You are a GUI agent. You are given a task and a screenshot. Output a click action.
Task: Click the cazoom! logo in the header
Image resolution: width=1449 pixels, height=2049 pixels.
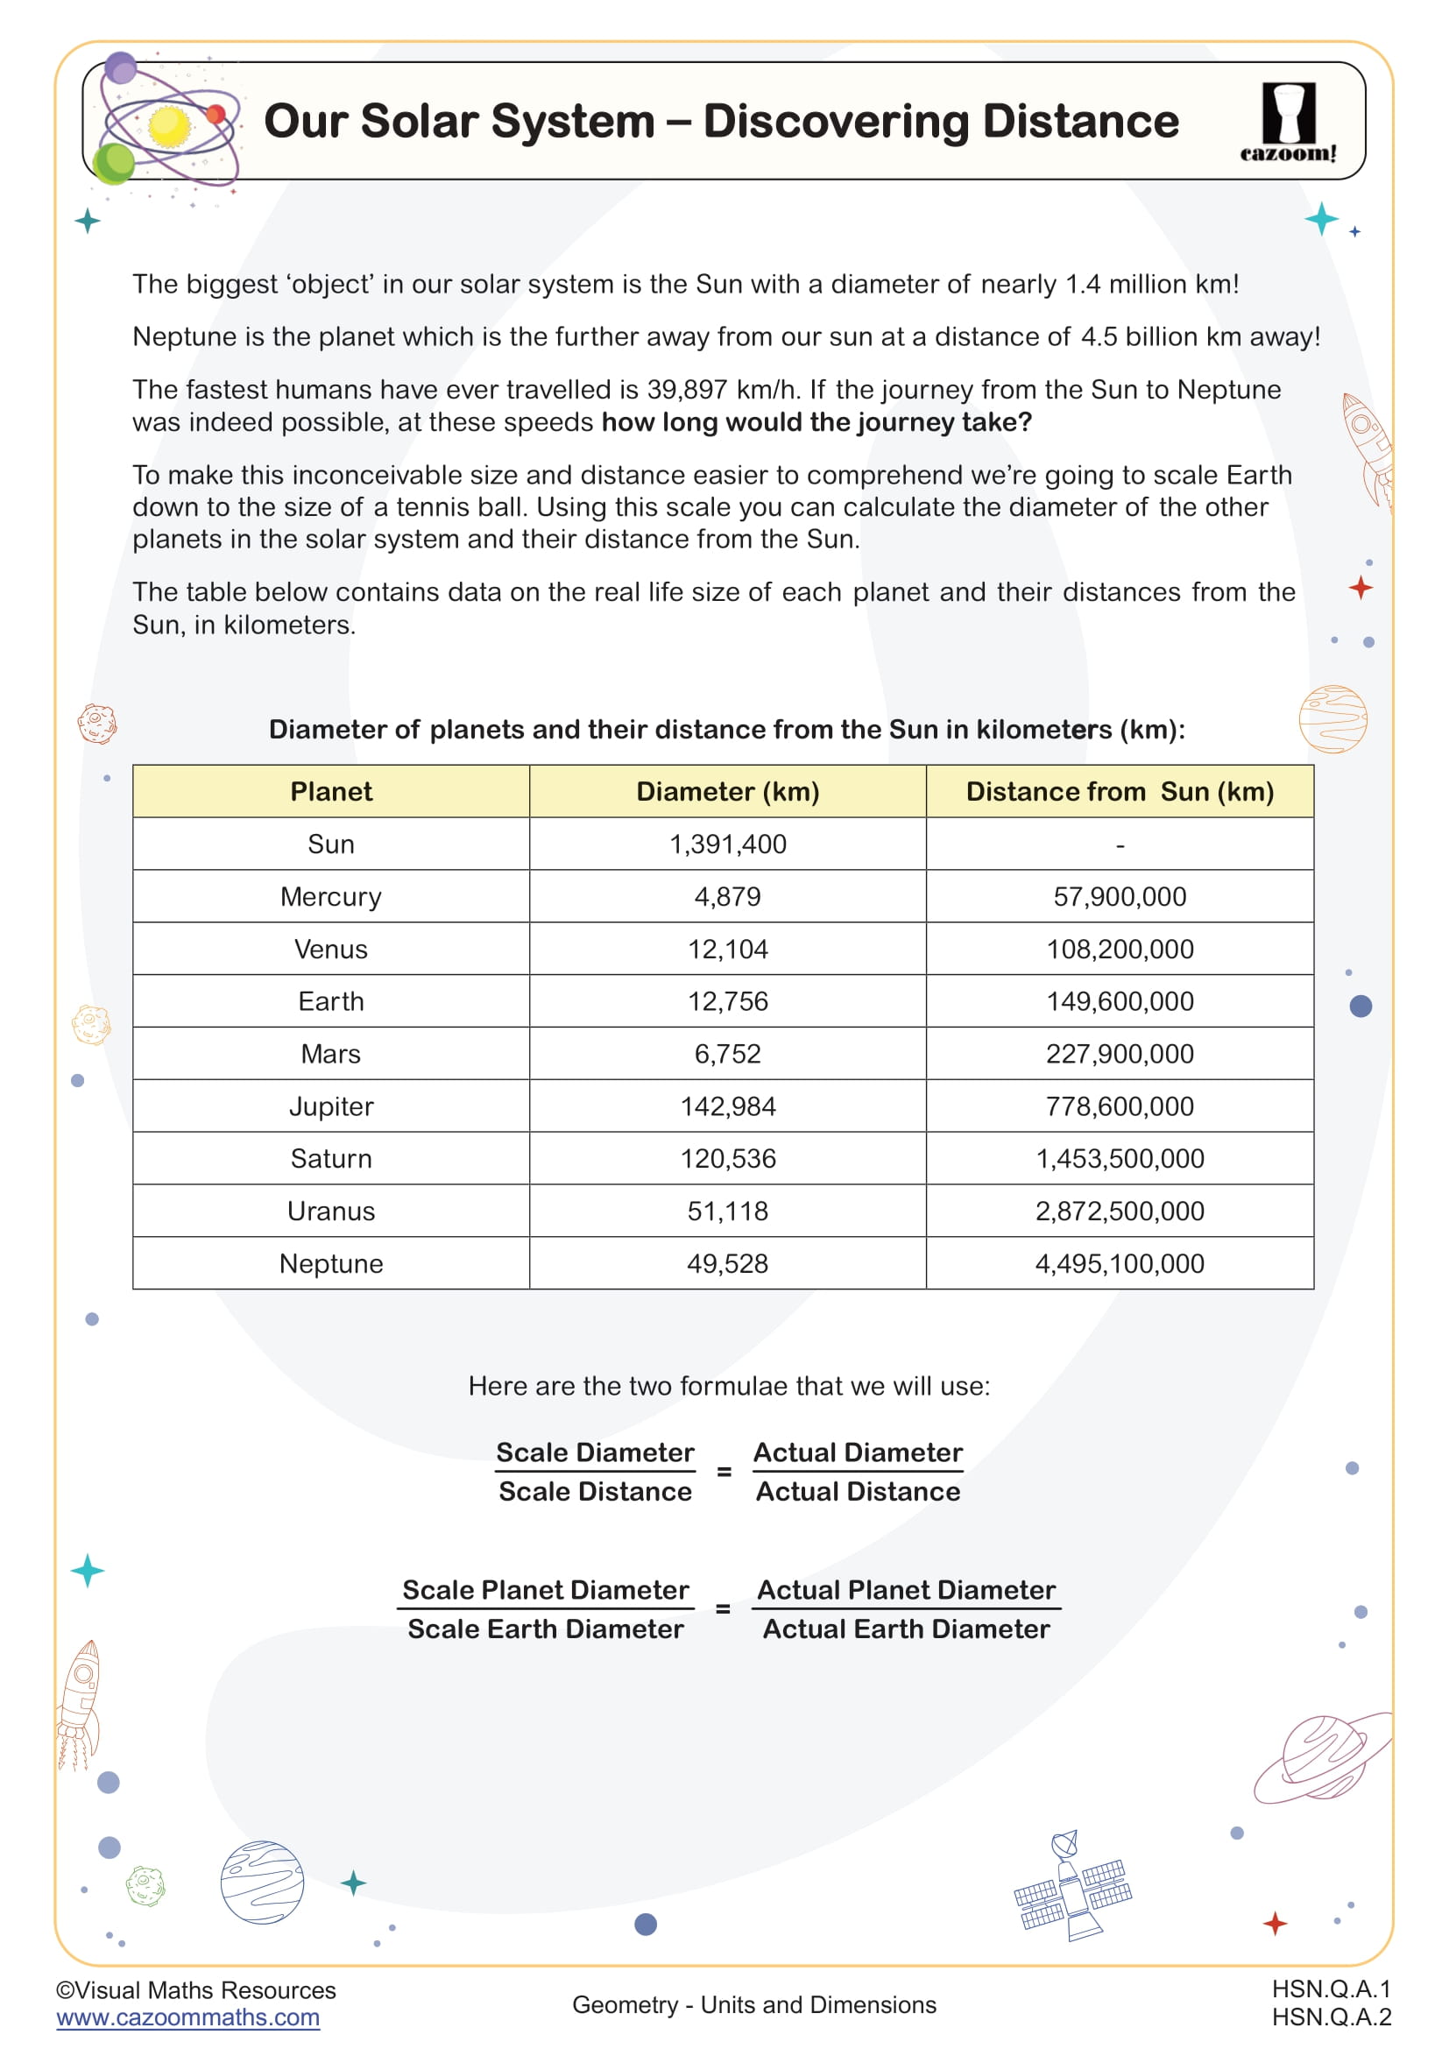tap(1288, 122)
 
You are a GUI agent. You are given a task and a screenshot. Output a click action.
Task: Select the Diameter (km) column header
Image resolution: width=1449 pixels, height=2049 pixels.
tap(727, 792)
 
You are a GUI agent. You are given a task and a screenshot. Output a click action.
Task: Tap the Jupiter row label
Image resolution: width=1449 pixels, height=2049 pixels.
tap(331, 1106)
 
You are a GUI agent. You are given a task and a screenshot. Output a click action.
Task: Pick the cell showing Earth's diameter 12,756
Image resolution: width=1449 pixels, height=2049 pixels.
tap(727, 1001)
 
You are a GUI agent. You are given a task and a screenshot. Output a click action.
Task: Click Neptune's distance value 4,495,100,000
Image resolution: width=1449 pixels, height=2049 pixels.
tap(1119, 1264)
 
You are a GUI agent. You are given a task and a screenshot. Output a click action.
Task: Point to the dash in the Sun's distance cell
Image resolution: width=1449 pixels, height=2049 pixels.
tap(1120, 845)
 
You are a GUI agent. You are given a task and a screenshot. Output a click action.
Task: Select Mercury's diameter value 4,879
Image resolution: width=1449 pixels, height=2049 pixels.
tap(727, 897)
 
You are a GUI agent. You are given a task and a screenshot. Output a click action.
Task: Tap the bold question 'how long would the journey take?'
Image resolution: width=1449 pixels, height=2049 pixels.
tap(816, 422)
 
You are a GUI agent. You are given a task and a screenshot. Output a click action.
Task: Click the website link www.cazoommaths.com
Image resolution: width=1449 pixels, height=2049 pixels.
tap(187, 2017)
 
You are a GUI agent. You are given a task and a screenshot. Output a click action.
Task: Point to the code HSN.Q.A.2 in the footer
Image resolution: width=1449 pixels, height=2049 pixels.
tap(1331, 2017)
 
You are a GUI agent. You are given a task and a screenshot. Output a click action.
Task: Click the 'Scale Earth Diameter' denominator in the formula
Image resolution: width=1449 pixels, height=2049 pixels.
tap(545, 1629)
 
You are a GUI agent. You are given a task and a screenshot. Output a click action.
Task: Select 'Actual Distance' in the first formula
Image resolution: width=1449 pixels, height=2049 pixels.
tap(858, 1492)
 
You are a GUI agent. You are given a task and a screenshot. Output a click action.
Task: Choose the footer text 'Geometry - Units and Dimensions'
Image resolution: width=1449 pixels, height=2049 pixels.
tap(754, 2005)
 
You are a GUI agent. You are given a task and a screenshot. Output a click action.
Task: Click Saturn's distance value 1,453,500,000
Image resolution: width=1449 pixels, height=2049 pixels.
tap(1119, 1159)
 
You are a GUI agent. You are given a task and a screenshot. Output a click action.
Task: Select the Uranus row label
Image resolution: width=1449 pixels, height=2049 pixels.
tap(331, 1212)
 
